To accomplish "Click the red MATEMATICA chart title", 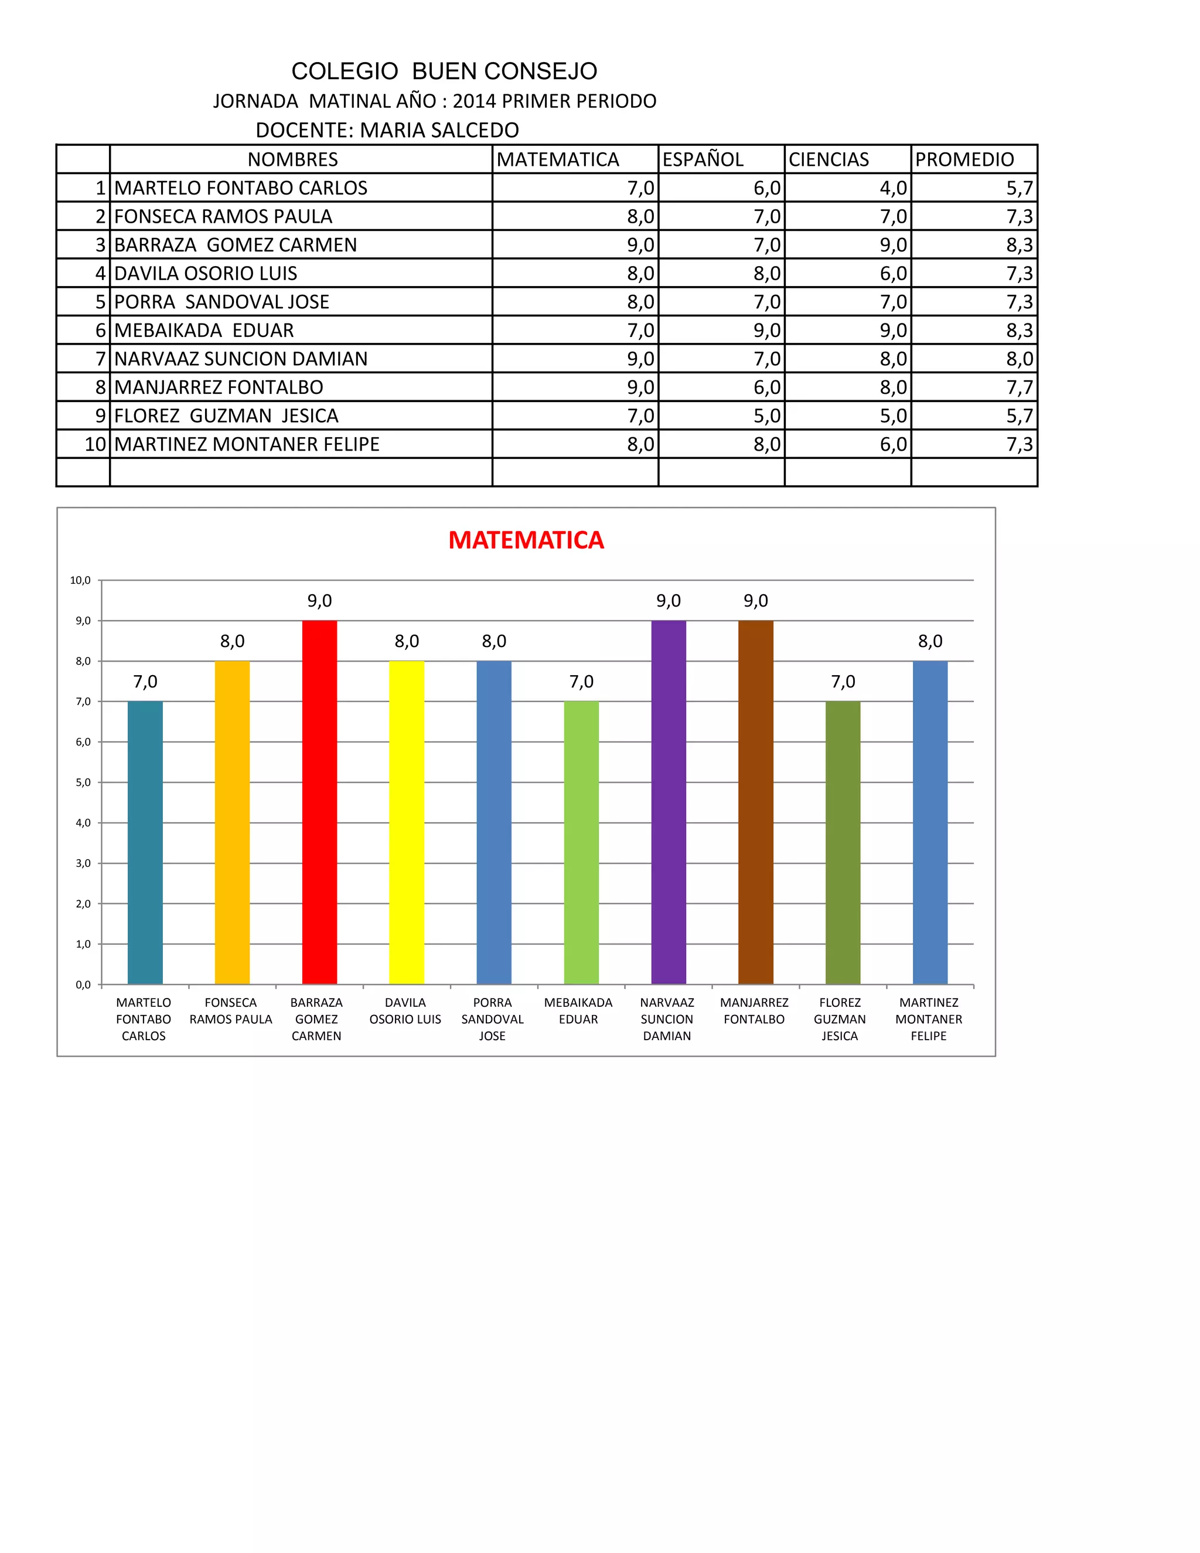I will pos(526,540).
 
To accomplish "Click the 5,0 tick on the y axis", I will pos(83,782).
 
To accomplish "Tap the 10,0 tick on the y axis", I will pos(80,580).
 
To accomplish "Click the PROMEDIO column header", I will pos(964,159).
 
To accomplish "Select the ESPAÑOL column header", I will pos(703,159).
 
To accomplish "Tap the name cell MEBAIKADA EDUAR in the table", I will pos(204,331).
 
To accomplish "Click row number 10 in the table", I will pos(94,444).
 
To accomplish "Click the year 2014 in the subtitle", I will pos(474,101).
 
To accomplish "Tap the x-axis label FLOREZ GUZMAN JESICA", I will pos(840,1019).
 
